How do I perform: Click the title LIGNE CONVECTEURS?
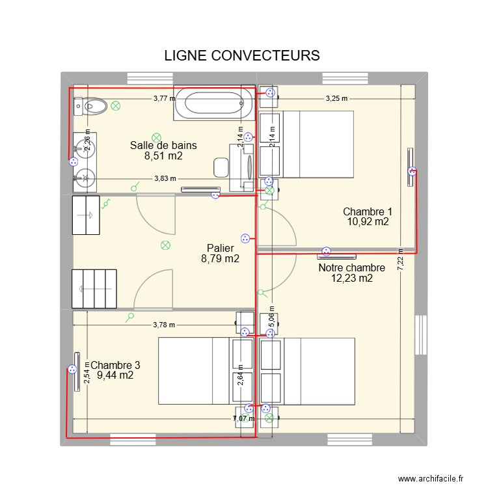[242, 55]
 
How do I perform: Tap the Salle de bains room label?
[163, 145]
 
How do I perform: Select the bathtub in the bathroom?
[214, 102]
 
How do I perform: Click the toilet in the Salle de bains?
[90, 105]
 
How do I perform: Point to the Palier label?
[220, 248]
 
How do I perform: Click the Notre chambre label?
[351, 267]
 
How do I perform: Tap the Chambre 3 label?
[115, 366]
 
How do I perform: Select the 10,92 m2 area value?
[368, 221]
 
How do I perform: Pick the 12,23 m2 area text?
[352, 278]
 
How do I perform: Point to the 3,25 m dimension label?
[336, 99]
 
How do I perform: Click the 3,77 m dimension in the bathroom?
[164, 99]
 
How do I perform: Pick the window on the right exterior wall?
[420, 335]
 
